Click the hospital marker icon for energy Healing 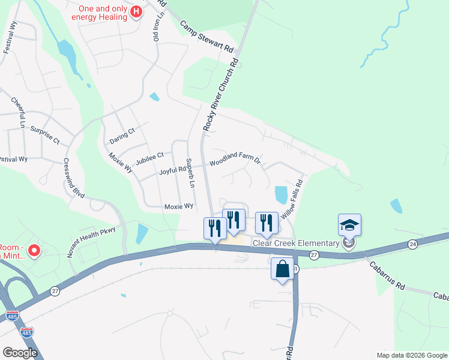click(137, 11)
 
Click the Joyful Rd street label click(173, 170)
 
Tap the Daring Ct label click(122, 136)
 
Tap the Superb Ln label click(190, 173)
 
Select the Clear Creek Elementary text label click(295, 243)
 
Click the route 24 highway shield click(412, 244)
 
